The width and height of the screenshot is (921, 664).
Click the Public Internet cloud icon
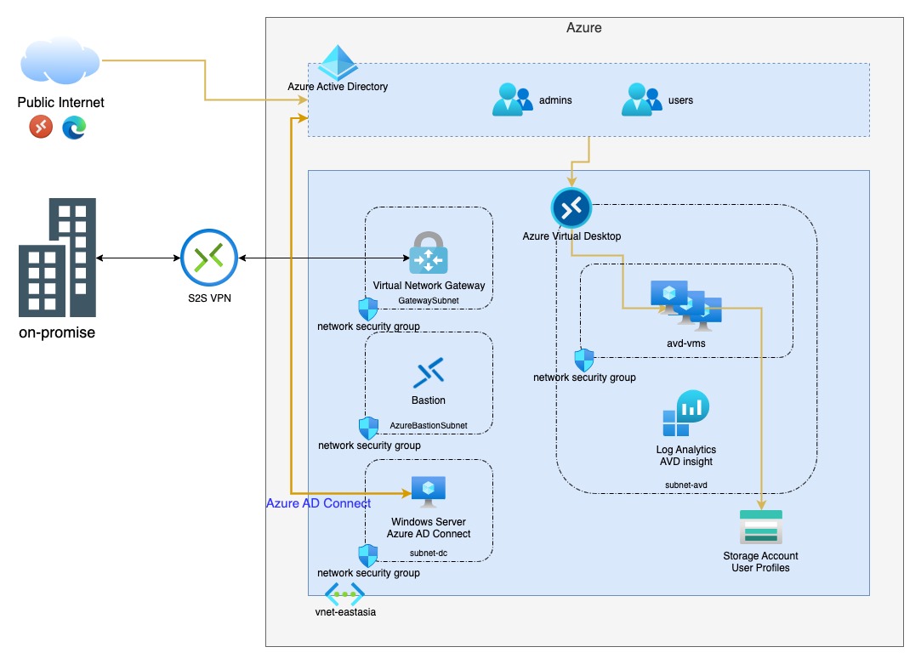click(x=59, y=65)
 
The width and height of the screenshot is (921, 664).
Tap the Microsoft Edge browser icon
click(x=74, y=128)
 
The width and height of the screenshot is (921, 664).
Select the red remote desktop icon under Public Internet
click(x=41, y=128)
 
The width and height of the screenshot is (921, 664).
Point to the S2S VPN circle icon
click(x=208, y=257)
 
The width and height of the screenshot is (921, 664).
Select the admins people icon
click(x=511, y=99)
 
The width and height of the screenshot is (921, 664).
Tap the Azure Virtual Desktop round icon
click(x=571, y=207)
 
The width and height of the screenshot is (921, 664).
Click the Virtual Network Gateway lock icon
click(x=429, y=253)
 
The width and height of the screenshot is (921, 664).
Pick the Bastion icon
click(x=429, y=372)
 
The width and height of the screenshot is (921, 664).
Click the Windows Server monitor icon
click(x=429, y=491)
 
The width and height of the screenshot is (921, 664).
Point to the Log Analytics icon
click(x=682, y=415)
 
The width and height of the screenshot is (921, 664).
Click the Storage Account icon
click(x=760, y=527)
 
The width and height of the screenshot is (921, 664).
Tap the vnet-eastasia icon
click(x=344, y=594)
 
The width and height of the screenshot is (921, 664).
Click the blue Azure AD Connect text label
click(x=318, y=503)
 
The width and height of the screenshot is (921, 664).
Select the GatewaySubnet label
click(x=429, y=301)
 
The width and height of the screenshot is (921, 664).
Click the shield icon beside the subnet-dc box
click(x=367, y=556)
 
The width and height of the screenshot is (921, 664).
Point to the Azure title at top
click(x=583, y=28)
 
